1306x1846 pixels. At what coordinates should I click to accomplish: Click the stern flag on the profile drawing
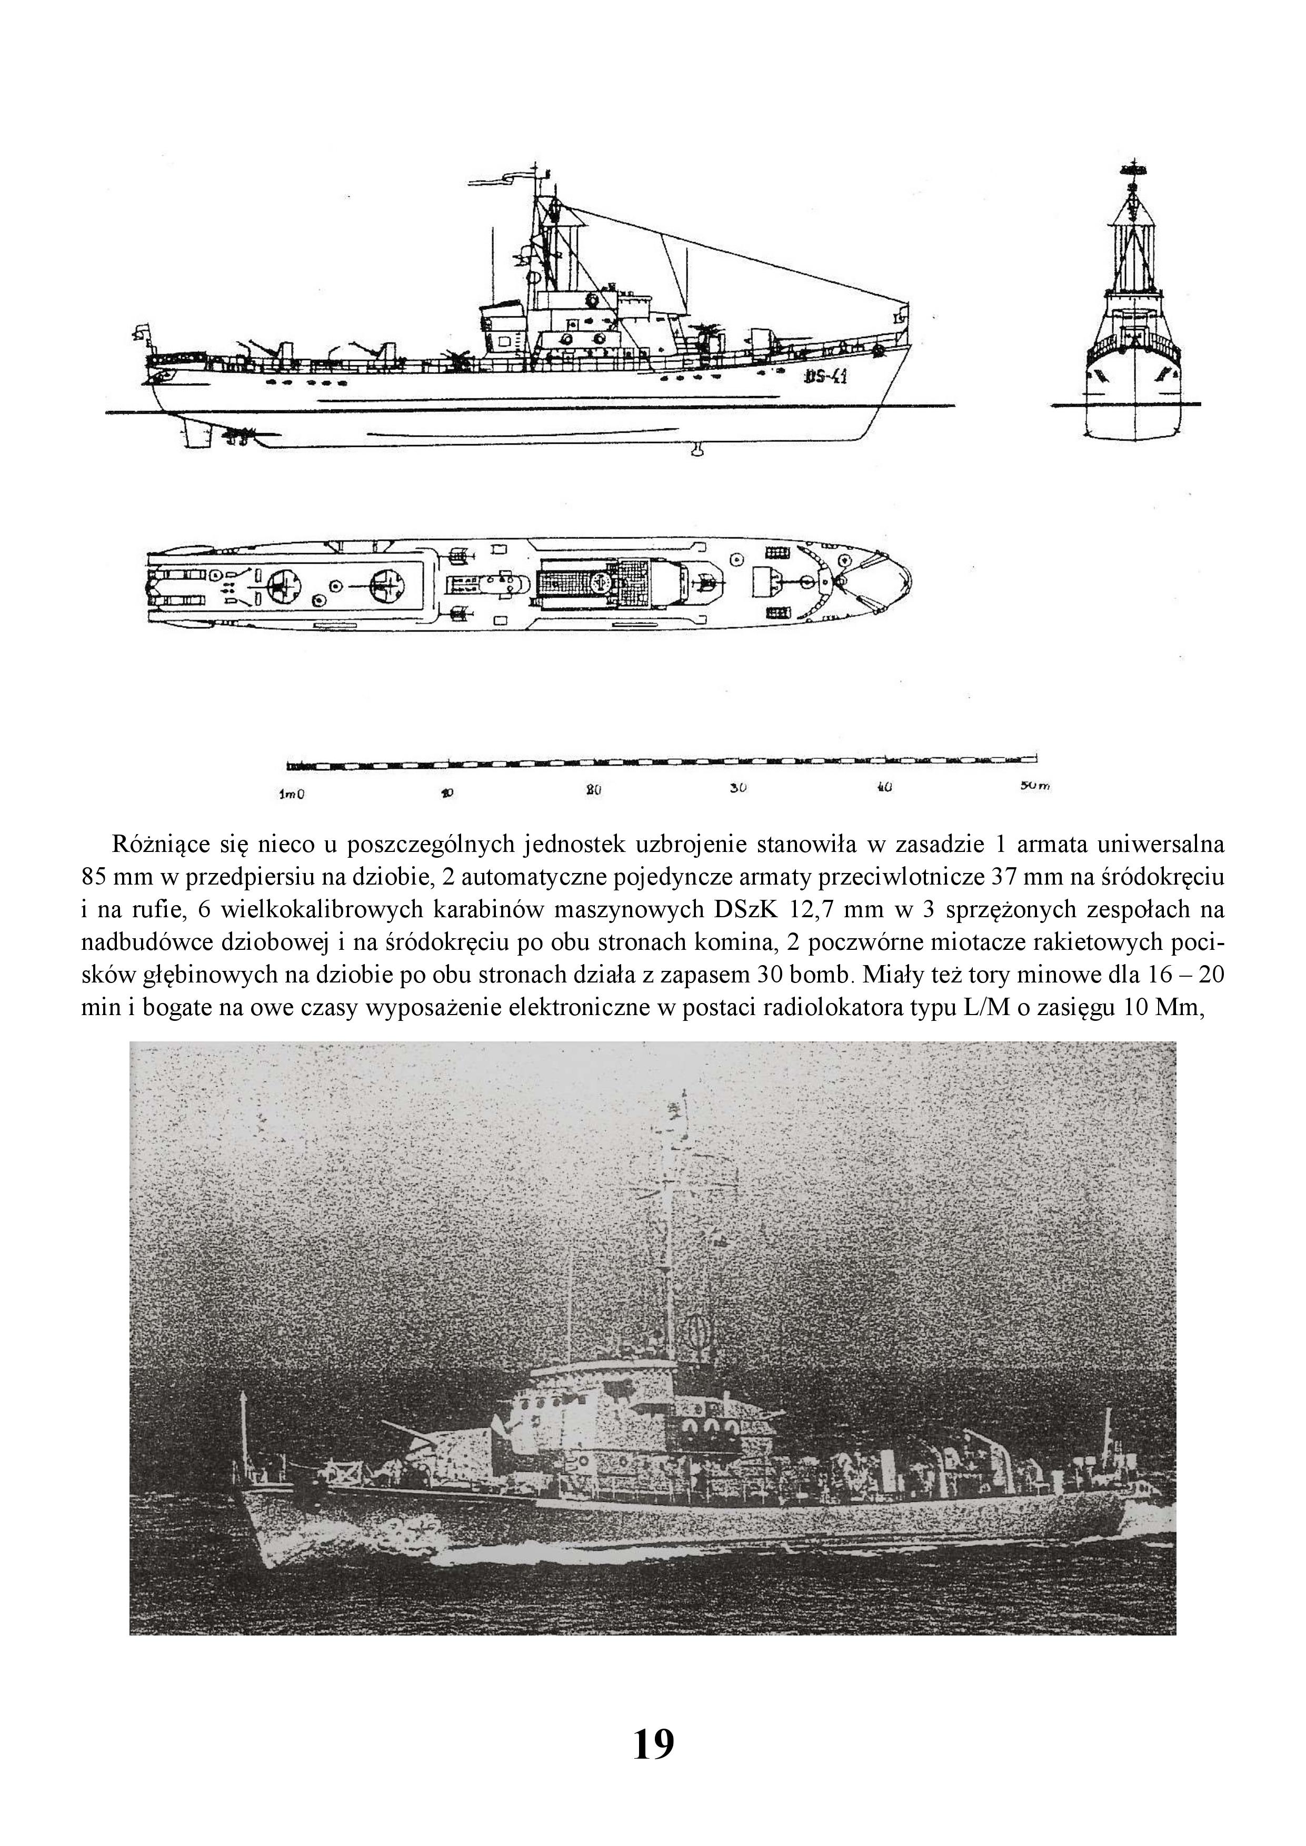[142, 329]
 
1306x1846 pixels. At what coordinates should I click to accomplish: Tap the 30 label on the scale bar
[738, 788]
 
